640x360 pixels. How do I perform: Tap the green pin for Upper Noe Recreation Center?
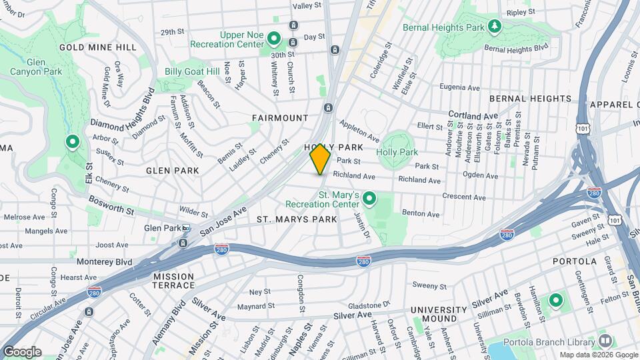273,38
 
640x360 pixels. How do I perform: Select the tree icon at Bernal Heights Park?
494,27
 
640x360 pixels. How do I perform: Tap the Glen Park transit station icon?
187,228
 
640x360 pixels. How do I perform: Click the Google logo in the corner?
21,351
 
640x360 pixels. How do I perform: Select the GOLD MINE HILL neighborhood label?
98,47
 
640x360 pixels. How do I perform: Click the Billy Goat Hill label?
192,71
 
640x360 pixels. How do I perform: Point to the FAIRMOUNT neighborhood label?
280,118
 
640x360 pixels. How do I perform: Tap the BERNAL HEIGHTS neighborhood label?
530,99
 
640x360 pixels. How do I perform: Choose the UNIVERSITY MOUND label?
439,315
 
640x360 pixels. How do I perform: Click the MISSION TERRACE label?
173,281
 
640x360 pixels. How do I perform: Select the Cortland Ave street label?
473,115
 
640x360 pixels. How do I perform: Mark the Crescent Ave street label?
465,197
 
